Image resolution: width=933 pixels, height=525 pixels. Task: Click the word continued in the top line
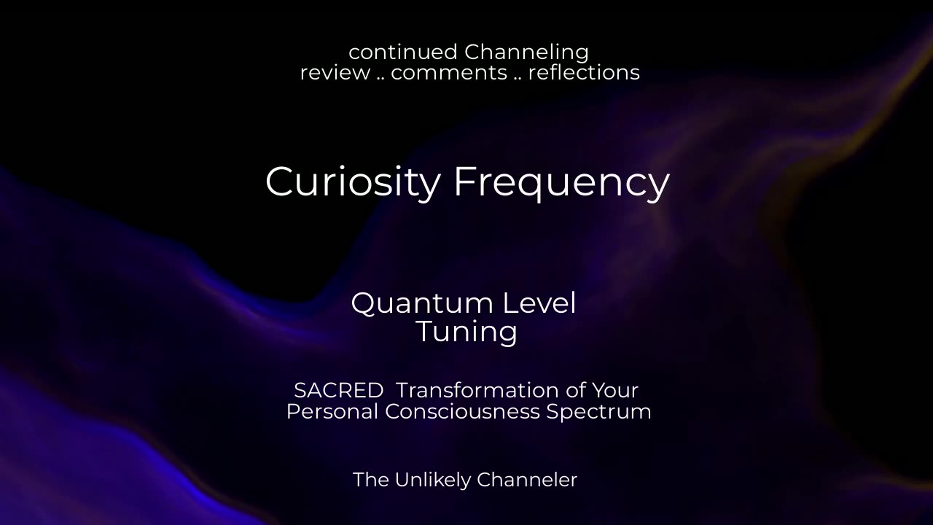click(403, 52)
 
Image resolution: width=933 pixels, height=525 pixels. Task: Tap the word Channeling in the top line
click(526, 52)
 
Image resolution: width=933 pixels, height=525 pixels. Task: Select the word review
click(335, 73)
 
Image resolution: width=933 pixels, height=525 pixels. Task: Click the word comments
click(449, 73)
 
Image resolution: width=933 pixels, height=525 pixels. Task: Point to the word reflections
click(584, 73)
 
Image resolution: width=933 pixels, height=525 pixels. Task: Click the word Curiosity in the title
click(352, 182)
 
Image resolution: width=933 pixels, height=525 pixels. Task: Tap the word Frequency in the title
click(561, 182)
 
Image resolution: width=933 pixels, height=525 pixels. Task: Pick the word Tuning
click(466, 332)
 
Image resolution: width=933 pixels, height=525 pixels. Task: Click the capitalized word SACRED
click(338, 390)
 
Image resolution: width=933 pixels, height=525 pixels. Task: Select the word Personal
click(332, 411)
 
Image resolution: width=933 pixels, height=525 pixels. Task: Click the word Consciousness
click(462, 411)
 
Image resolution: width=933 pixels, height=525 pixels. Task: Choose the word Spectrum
click(598, 412)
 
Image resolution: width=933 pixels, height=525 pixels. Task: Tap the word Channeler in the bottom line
click(527, 480)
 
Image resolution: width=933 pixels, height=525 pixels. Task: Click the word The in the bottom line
click(370, 480)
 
